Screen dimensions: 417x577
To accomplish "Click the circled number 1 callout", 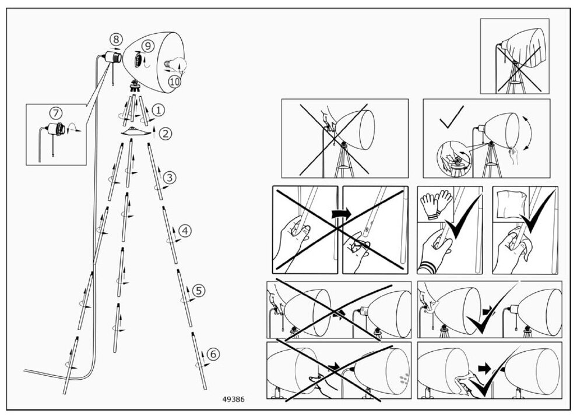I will [159, 109].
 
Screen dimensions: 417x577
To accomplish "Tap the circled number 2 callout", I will [167, 133].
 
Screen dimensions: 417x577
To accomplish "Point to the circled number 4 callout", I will [185, 231].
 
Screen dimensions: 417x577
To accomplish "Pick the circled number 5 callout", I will [199, 290].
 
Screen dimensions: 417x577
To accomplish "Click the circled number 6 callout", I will [213, 354].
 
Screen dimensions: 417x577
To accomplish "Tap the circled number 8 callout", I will [117, 40].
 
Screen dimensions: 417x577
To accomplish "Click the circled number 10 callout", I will [175, 82].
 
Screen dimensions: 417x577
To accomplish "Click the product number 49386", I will [233, 400].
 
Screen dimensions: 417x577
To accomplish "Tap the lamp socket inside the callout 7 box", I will [57, 129].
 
